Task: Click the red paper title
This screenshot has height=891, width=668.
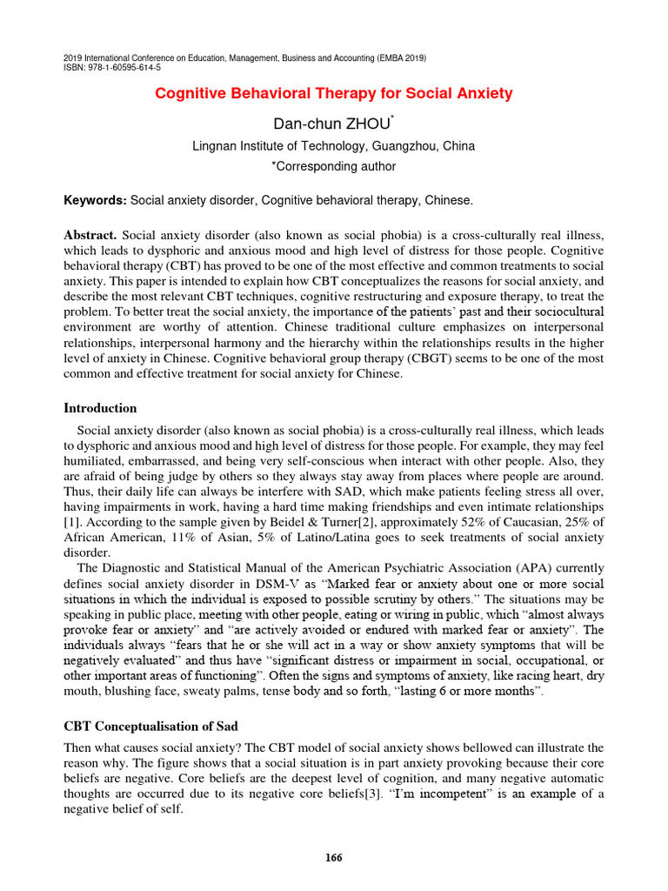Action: [333, 93]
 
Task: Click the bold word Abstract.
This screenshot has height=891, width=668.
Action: [90, 236]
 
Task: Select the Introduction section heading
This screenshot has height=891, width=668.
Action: [101, 408]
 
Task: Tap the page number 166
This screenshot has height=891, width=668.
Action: [334, 857]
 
